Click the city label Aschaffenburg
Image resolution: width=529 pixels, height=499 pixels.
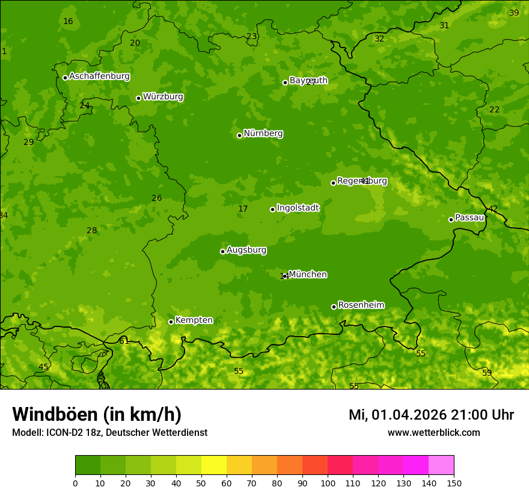click(99, 76)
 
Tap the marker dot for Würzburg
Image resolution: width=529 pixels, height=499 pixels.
click(138, 98)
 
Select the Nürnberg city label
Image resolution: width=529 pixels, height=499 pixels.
click(263, 133)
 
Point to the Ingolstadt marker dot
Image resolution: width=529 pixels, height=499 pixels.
click(272, 209)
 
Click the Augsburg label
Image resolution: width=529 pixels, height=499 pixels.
click(246, 250)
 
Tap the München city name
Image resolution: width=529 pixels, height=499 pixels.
click(308, 275)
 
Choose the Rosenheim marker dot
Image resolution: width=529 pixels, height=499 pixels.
click(334, 307)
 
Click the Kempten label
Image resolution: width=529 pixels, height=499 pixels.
click(194, 320)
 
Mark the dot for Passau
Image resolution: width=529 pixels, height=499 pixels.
click(451, 219)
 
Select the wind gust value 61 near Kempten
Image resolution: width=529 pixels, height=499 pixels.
click(124, 341)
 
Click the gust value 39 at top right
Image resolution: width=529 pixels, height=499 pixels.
click(514, 13)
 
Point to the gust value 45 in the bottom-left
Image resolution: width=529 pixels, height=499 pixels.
click(43, 367)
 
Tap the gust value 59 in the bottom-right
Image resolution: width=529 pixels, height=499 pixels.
click(487, 373)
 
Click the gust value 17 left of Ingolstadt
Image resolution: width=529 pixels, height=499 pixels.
click(243, 209)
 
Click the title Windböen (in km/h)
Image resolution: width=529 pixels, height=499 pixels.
click(97, 414)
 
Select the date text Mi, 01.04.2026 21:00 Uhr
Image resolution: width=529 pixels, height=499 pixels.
click(431, 415)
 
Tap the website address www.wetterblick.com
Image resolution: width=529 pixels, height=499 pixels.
click(433, 432)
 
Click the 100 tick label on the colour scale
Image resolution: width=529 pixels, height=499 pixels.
click(328, 483)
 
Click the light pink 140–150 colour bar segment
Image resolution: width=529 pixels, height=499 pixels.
click(441, 465)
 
